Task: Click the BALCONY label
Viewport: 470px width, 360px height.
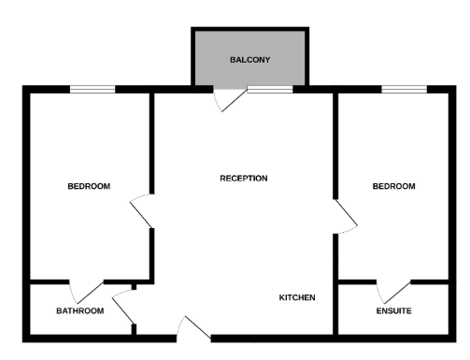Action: pos(249,60)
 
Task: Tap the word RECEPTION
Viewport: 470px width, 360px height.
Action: pos(244,179)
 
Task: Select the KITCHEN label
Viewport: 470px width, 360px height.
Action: pos(297,297)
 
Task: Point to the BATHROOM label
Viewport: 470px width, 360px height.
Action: pos(80,310)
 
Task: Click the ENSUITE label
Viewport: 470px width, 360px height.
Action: pos(393,310)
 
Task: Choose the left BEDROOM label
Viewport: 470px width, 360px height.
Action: pos(89,186)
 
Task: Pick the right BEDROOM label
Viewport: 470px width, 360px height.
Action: pos(393,186)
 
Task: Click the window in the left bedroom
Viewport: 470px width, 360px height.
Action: pos(93,90)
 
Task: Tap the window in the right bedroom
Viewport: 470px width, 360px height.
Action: pos(404,90)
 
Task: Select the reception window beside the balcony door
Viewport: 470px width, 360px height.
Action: pos(270,90)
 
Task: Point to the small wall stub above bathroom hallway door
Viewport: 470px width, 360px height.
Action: pos(134,287)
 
